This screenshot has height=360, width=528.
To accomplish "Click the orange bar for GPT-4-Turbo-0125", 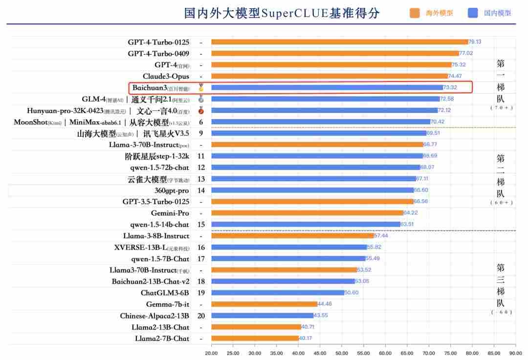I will tap(339, 42).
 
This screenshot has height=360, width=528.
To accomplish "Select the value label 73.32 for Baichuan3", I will tap(450, 87).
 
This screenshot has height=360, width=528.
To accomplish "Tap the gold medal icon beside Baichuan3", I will tap(201, 88).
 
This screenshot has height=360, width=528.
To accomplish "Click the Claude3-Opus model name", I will tap(166, 76).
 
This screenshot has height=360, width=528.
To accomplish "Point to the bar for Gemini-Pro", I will tap(307, 213).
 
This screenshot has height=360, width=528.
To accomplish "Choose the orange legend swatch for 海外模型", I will tap(415, 13).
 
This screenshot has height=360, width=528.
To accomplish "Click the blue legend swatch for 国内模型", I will tap(472, 13).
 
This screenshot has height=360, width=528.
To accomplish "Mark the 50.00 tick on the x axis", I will tap(342, 352).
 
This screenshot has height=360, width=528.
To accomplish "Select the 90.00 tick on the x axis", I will tap(515, 352).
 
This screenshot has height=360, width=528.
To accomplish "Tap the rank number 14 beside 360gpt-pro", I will tap(201, 191).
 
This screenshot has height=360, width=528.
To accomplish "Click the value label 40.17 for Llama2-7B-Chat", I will tap(306, 338).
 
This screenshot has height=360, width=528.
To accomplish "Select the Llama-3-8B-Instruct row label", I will tap(156, 236).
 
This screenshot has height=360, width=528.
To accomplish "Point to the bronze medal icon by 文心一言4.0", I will tap(201, 110).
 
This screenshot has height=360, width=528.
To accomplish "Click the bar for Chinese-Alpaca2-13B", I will tap(262, 316).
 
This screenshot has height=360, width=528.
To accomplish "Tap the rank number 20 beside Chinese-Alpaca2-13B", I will tap(201, 316).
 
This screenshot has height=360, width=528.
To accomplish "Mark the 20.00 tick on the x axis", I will tap(211, 352).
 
